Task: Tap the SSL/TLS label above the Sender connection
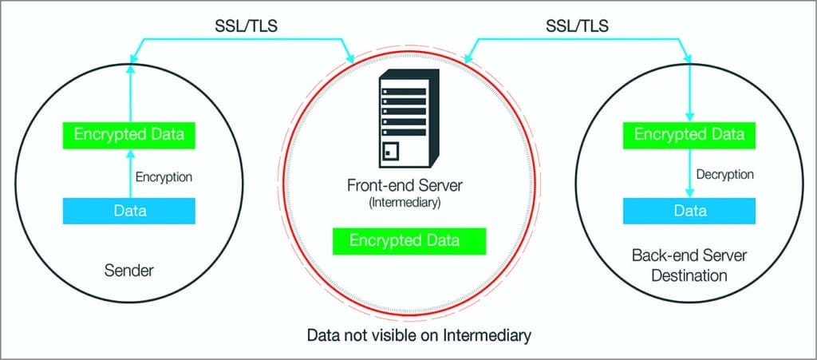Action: (240, 27)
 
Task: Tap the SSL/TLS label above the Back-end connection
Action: (575, 27)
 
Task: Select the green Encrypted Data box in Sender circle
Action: (129, 134)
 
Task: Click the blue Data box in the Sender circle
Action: (129, 211)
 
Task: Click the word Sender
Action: (129, 272)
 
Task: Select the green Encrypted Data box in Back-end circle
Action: (689, 134)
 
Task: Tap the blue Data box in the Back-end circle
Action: (689, 211)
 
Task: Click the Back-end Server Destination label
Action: (689, 266)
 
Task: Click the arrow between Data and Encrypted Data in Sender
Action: (129, 173)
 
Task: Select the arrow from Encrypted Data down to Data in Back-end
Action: (689, 173)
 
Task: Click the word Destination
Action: (689, 276)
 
